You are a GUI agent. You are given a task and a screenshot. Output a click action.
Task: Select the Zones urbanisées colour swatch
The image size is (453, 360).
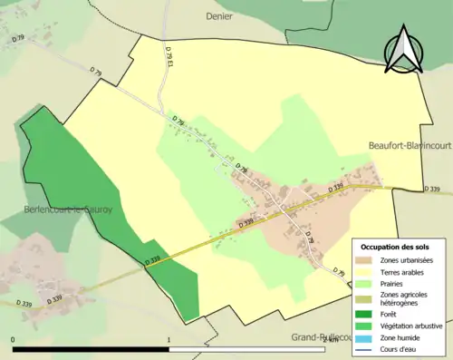[364, 261]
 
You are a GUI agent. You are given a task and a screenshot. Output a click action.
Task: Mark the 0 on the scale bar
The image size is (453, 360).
[14, 341]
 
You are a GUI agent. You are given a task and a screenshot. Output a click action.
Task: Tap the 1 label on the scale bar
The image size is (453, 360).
[169, 341]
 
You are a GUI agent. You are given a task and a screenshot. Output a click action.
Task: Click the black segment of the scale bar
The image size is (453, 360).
[91, 349]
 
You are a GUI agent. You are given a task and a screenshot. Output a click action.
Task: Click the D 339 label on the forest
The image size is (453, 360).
[153, 261]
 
